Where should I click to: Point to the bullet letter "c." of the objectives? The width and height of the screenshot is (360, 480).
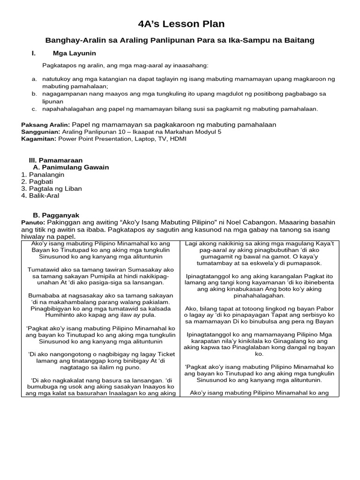pyautogui.click(x=34, y=109)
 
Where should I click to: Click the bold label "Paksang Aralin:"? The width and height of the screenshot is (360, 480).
pyautogui.click(x=45, y=125)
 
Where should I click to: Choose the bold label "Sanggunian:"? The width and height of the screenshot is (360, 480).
pyautogui.click(x=42, y=132)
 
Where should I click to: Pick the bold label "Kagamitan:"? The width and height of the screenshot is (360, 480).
pyautogui.click(x=39, y=139)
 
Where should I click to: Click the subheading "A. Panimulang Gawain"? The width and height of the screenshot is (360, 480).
pyautogui.click(x=71, y=167)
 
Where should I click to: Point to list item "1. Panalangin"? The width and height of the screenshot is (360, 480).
pyautogui.click(x=43, y=174)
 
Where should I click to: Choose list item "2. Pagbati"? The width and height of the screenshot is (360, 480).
pyautogui.click(x=37, y=181)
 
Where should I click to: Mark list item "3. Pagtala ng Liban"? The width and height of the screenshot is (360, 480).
pyautogui.click(x=52, y=188)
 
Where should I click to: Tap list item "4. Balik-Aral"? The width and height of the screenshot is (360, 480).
pyautogui.click(x=40, y=195)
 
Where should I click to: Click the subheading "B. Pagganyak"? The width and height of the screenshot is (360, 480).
pyautogui.click(x=55, y=215)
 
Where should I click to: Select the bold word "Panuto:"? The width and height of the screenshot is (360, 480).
pyautogui.click(x=33, y=222)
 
